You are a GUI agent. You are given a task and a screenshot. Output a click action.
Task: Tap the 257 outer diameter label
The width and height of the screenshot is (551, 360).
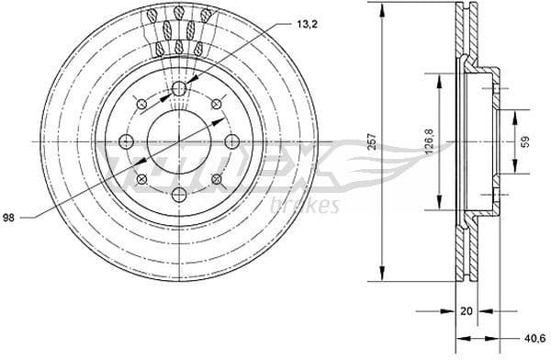coord(372,141)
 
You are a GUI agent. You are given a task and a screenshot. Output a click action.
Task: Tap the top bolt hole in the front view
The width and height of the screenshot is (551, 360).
coord(178,88)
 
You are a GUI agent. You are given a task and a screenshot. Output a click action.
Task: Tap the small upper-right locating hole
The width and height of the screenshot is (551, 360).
coord(216,103)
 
